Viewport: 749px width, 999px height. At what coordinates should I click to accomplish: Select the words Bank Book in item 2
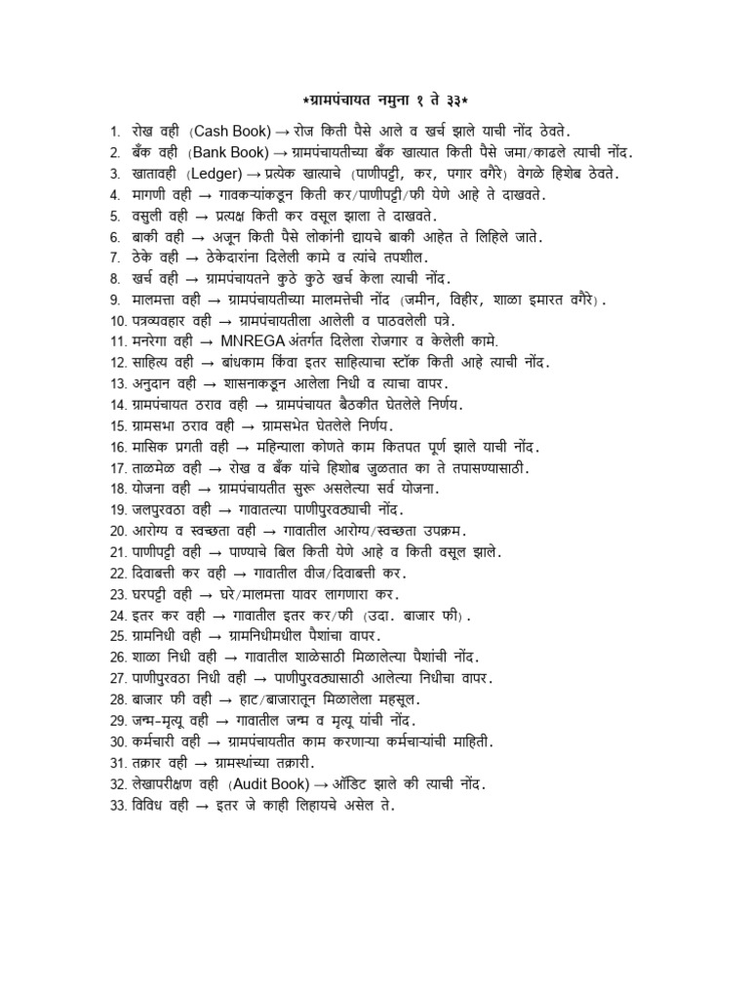[x=229, y=151]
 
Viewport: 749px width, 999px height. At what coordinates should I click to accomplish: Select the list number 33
[x=117, y=806]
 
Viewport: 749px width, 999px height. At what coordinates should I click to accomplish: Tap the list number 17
[x=117, y=468]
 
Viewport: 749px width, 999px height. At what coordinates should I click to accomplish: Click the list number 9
[x=114, y=300]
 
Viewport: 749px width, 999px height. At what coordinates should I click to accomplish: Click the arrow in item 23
[x=214, y=595]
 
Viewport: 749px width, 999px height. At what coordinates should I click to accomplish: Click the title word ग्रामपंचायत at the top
[x=343, y=100]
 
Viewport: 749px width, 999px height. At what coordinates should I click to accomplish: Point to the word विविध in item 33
[x=149, y=806]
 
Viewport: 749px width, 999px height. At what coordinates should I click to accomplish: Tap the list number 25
[x=117, y=637]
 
